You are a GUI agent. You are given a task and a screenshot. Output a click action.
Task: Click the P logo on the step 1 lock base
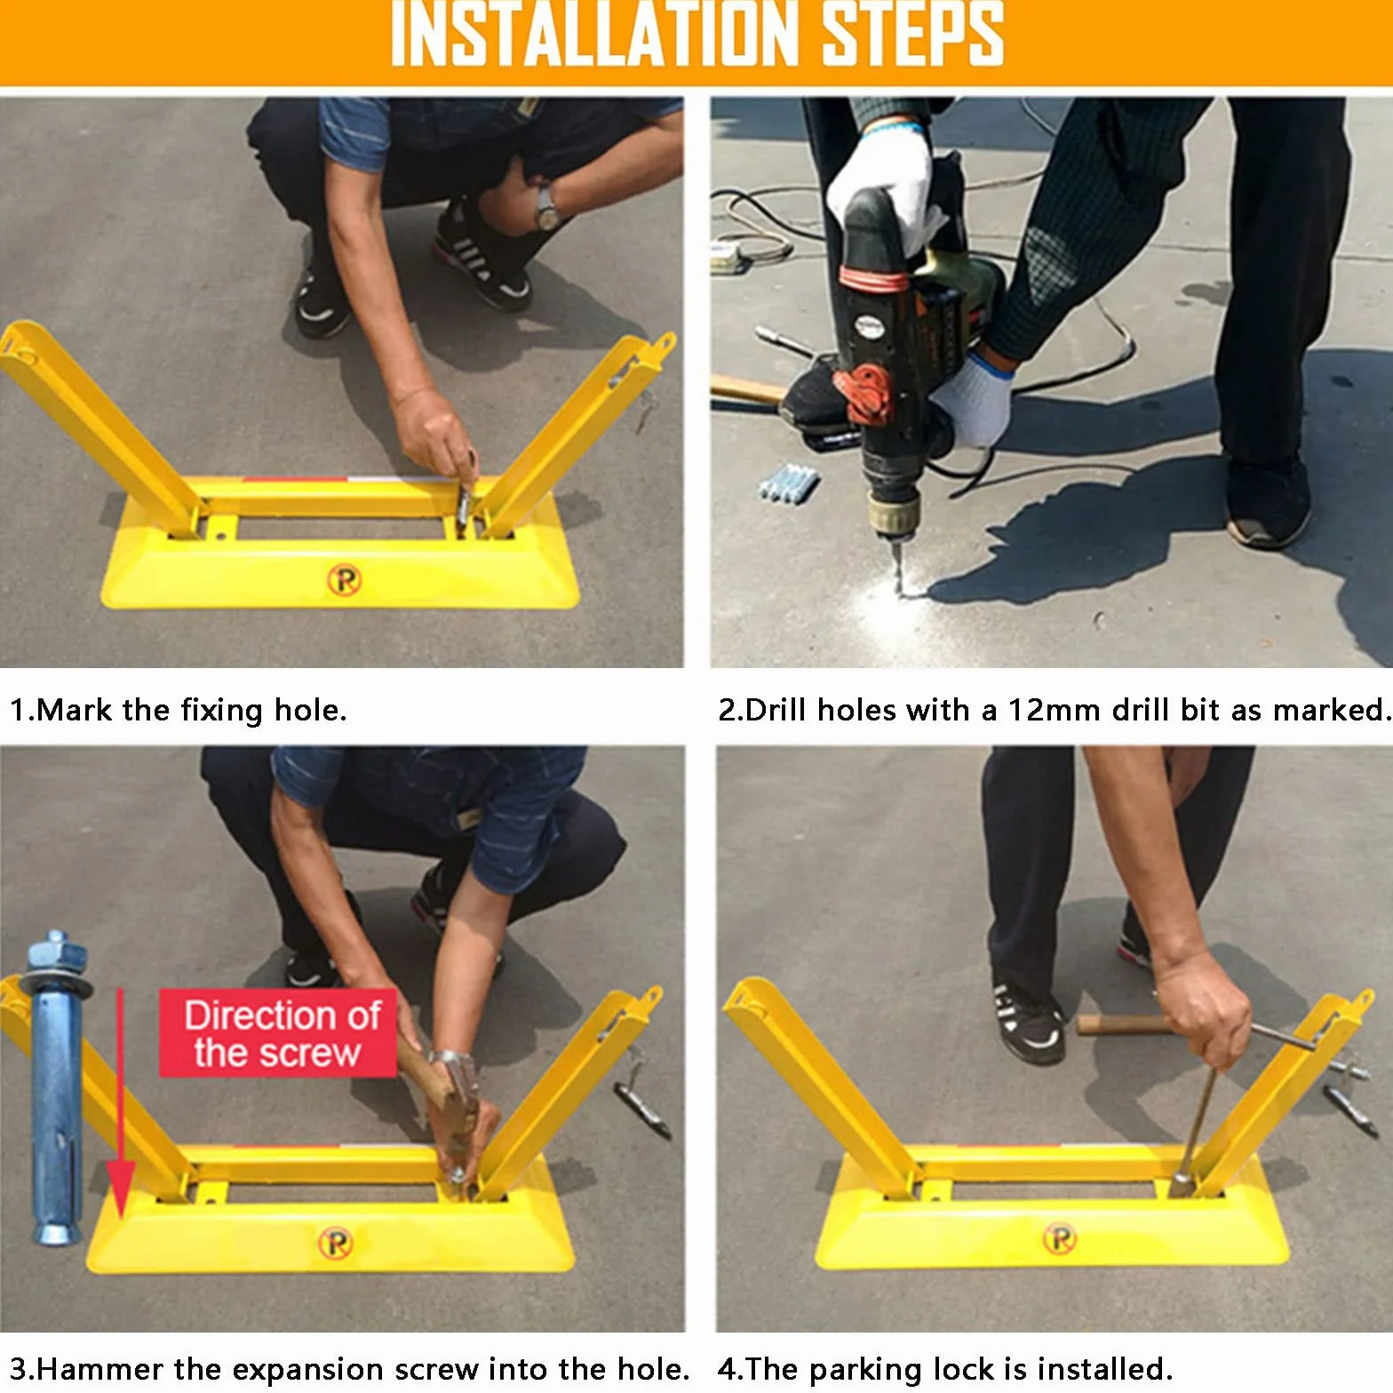[x=345, y=579]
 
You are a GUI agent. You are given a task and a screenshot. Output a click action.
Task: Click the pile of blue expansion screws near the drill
[x=788, y=482]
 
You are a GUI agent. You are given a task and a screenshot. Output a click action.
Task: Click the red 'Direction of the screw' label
[x=277, y=1033]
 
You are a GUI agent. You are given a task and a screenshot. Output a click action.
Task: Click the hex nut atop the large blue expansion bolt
[x=57, y=954]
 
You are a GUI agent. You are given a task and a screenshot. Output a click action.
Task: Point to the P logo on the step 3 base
[x=336, y=1243]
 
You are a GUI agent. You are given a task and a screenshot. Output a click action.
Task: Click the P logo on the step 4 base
[x=1059, y=1238]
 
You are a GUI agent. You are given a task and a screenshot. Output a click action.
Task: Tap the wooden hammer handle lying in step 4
[x=1121, y=1024]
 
